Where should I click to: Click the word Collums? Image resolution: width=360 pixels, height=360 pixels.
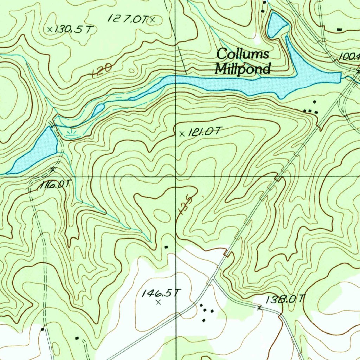(x=243, y=54)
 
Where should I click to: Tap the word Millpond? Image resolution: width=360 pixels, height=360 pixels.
(x=243, y=68)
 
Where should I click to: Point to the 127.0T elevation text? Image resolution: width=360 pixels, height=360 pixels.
(x=128, y=19)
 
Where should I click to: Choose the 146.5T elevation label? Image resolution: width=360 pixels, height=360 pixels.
(x=161, y=292)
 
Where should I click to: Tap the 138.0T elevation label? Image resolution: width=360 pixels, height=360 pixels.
(x=285, y=299)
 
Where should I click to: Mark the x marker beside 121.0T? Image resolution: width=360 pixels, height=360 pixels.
(x=182, y=134)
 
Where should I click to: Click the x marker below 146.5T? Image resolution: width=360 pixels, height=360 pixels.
(x=158, y=302)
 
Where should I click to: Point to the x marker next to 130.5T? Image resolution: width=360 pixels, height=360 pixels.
(x=50, y=29)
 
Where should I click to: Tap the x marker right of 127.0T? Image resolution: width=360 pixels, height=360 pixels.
(x=152, y=20)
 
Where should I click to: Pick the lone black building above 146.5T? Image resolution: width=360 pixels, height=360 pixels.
(x=166, y=247)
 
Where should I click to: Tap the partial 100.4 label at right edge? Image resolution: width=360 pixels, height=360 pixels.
(x=349, y=56)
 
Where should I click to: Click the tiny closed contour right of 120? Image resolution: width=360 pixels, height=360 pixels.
(x=131, y=71)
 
